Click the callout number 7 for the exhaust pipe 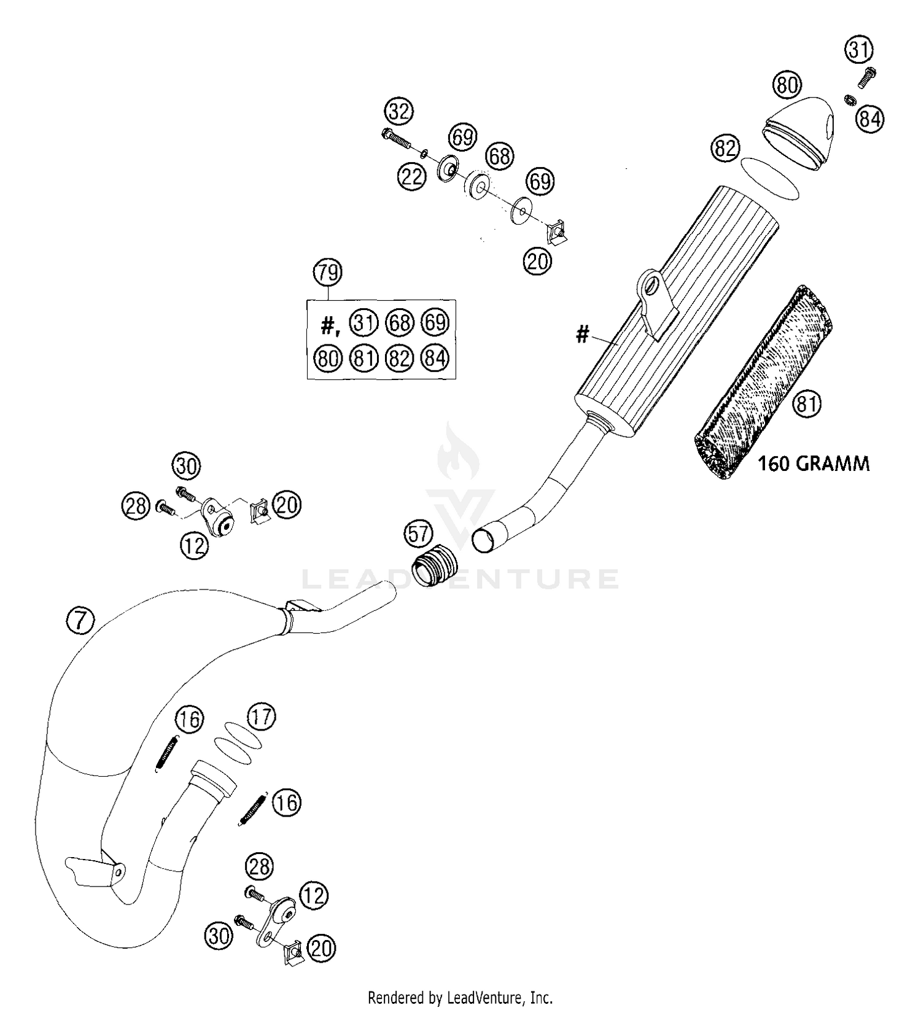coord(80,621)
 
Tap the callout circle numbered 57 coord(419,534)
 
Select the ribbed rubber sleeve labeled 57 coord(434,566)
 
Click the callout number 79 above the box coord(328,272)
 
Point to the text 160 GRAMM coord(814,464)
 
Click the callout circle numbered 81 coord(807,404)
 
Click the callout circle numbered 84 coord(870,118)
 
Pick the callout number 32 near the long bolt coord(399,112)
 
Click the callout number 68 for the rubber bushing coord(500,156)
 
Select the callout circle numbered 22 coord(412,177)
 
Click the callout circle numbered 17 coord(262,717)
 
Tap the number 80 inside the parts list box coord(328,358)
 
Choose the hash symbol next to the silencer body coord(582,335)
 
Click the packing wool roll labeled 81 coord(761,381)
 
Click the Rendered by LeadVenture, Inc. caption coord(460,997)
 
